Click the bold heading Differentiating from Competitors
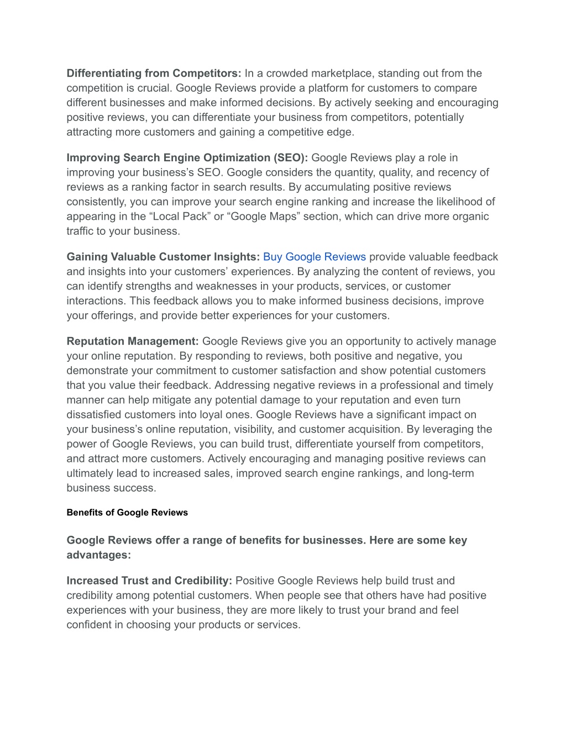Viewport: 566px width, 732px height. (x=154, y=73)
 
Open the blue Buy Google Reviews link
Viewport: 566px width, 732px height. (x=314, y=257)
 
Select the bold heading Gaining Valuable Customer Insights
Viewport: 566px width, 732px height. (x=163, y=257)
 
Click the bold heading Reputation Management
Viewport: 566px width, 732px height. (x=133, y=341)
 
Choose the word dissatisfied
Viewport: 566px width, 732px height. (x=96, y=415)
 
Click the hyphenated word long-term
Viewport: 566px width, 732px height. (x=450, y=473)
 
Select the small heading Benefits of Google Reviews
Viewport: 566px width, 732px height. (x=127, y=513)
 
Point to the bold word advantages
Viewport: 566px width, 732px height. (x=98, y=555)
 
